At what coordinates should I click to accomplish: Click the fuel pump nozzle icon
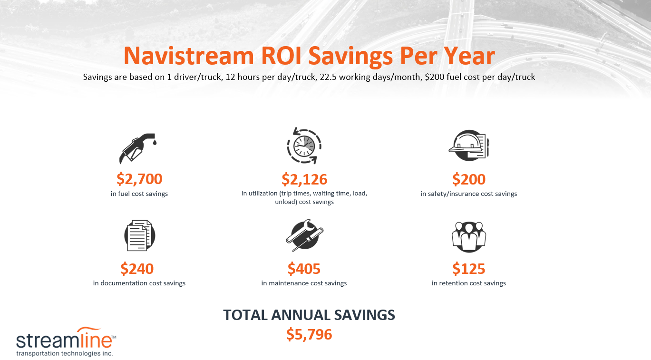tap(139, 147)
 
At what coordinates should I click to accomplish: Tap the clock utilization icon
tap(304, 145)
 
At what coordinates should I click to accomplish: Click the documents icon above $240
tap(139, 235)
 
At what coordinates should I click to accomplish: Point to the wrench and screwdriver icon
tap(304, 235)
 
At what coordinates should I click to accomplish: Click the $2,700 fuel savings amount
tap(139, 179)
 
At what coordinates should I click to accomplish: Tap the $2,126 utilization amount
tap(304, 179)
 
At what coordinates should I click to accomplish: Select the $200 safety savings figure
tap(469, 179)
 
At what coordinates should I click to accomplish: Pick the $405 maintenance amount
tap(304, 269)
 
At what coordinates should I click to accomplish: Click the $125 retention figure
tap(469, 269)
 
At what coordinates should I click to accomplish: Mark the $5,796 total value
tap(309, 334)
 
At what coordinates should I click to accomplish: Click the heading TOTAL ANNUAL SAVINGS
tap(309, 315)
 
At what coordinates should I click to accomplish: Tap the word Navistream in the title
tap(189, 56)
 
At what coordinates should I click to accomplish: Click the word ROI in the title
tap(281, 56)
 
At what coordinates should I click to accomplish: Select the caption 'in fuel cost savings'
tap(139, 194)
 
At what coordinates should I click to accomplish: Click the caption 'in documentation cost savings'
tap(139, 283)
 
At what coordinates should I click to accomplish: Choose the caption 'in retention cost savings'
tap(469, 283)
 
